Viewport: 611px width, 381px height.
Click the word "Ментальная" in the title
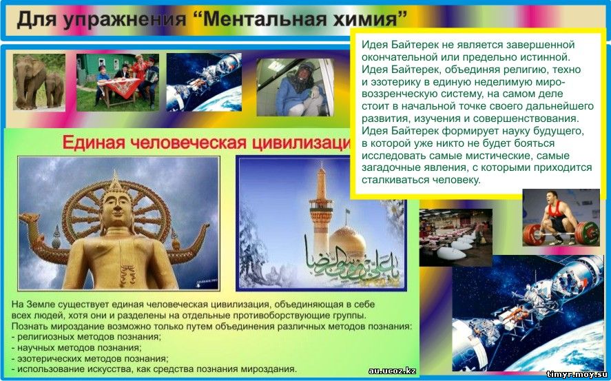coord(260,19)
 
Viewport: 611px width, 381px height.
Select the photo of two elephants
coord(39,82)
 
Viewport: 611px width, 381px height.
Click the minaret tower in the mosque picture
coord(321,209)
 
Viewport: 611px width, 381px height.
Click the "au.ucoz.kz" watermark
coord(392,371)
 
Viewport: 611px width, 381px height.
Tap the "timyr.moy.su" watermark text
coord(577,375)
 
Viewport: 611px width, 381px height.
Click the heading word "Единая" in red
coord(94,143)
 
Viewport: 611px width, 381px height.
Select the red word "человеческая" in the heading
coord(188,143)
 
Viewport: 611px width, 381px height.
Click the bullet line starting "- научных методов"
coord(76,347)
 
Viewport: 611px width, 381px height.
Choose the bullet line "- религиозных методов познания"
coord(86,336)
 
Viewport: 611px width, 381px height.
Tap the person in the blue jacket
coord(298,90)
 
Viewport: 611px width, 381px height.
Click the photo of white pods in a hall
coord(455,237)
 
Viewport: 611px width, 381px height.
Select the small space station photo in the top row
coord(204,82)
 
